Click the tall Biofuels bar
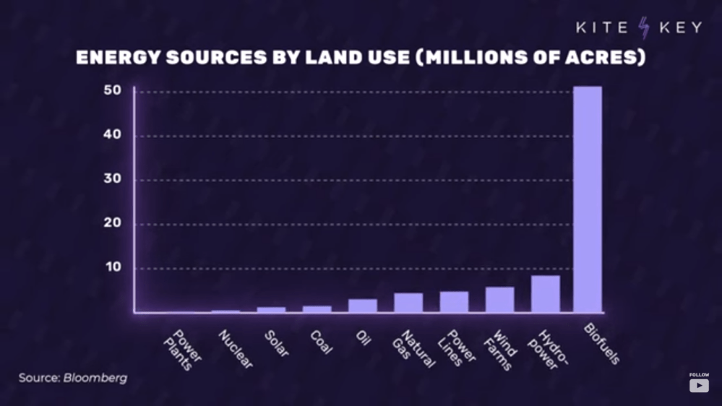click(587, 199)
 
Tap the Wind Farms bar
click(499, 300)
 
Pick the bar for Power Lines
click(454, 302)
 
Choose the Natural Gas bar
click(408, 303)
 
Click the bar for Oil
click(363, 306)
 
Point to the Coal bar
click(317, 309)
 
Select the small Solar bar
click(272, 310)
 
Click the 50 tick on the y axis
click(111, 91)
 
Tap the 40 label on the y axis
click(111, 135)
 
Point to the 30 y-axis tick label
click(111, 179)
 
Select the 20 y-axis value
click(111, 223)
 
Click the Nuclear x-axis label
click(236, 349)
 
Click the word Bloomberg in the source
click(95, 378)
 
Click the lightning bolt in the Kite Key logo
click(643, 28)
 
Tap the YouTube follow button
click(699, 385)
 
